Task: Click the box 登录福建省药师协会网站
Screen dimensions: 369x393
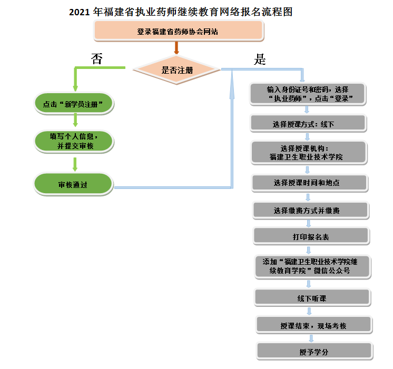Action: [178, 32]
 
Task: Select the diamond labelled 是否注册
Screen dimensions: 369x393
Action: [177, 69]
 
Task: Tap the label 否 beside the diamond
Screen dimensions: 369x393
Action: [97, 58]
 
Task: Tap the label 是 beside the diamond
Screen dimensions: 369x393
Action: [260, 59]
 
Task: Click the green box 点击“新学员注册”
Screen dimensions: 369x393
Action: [74, 104]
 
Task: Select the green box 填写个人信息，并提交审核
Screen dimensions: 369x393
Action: [74, 141]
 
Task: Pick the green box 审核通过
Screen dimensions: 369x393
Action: [73, 185]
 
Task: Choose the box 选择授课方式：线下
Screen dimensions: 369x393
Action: [308, 124]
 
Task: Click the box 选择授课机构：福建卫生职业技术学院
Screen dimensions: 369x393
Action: [309, 153]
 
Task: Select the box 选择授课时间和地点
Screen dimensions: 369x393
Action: [310, 183]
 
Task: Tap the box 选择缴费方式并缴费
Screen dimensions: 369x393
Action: [311, 211]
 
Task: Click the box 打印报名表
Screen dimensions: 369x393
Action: [311, 237]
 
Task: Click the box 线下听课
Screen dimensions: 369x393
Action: [312, 298]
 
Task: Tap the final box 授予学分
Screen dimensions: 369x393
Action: [315, 352]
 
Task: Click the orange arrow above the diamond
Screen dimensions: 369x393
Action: [176, 48]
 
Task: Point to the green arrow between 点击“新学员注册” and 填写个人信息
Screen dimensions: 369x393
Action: [75, 121]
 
